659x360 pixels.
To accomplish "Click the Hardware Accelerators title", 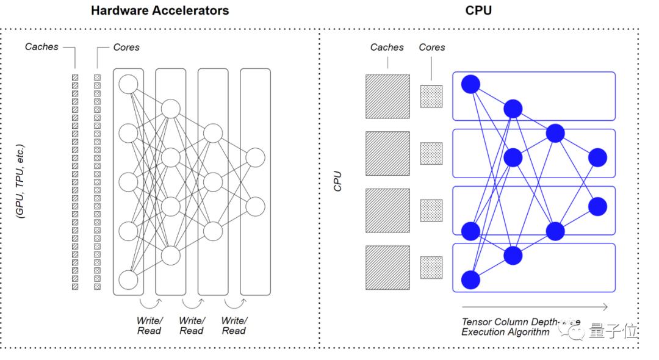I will click(x=160, y=10).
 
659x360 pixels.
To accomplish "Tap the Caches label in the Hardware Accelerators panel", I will click(x=41, y=46).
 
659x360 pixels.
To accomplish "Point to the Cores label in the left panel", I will click(x=126, y=47).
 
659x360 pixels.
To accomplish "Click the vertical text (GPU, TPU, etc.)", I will click(x=21, y=181).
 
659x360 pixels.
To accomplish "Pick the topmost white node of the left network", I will click(x=129, y=84).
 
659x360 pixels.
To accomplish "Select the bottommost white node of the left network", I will click(x=129, y=279).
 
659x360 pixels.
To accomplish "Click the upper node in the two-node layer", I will click(x=255, y=157).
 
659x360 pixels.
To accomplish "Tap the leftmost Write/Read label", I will click(x=149, y=326).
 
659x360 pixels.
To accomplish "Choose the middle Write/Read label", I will click(x=191, y=326).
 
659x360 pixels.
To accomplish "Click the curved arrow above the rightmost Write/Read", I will click(x=234, y=302).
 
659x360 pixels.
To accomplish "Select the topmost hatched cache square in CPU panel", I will click(x=387, y=96).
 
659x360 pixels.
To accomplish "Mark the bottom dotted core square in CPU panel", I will click(x=431, y=267).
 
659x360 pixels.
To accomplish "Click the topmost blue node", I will click(x=470, y=84).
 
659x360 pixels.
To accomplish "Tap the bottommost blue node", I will click(x=470, y=279).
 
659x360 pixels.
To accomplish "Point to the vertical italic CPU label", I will click(x=337, y=181).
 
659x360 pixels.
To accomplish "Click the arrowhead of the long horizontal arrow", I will click(x=605, y=307).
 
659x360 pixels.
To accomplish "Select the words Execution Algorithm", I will click(x=505, y=333).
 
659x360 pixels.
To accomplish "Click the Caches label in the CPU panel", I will click(x=387, y=47).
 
